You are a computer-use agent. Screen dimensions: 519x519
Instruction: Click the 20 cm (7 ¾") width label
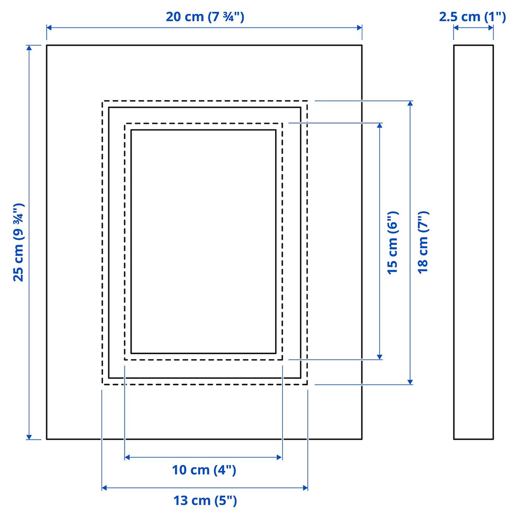(205, 17)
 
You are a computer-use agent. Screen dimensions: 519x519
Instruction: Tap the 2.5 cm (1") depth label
(472, 17)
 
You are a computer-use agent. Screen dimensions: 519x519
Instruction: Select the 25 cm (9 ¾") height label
(19, 242)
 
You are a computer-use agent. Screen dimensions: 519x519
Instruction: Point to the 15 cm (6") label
(393, 242)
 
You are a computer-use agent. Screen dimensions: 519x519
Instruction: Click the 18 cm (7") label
(423, 242)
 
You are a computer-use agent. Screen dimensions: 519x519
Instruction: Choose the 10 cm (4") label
(204, 470)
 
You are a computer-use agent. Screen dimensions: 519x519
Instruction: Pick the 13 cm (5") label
(205, 500)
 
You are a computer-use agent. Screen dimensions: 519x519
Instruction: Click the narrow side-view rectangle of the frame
(473, 242)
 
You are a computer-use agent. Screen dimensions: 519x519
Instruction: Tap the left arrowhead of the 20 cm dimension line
(49, 28)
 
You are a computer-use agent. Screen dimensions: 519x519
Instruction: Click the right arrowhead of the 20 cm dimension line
(360, 28)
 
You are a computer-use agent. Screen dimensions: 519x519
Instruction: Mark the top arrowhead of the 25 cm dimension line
(29, 48)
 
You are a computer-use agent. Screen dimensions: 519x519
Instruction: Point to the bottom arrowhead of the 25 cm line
(29, 437)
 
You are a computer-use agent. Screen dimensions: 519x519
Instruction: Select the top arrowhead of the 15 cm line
(380, 126)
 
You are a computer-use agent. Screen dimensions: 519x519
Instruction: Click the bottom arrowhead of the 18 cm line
(410, 382)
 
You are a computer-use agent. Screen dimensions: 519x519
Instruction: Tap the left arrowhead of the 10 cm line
(127, 457)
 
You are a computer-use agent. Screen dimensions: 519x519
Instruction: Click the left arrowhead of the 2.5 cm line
(456, 28)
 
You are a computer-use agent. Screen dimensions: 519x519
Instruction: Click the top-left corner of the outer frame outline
(47, 45)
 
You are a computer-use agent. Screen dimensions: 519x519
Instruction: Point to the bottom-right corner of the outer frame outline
(362, 439)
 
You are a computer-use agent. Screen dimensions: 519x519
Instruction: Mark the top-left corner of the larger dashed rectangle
(102, 101)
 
